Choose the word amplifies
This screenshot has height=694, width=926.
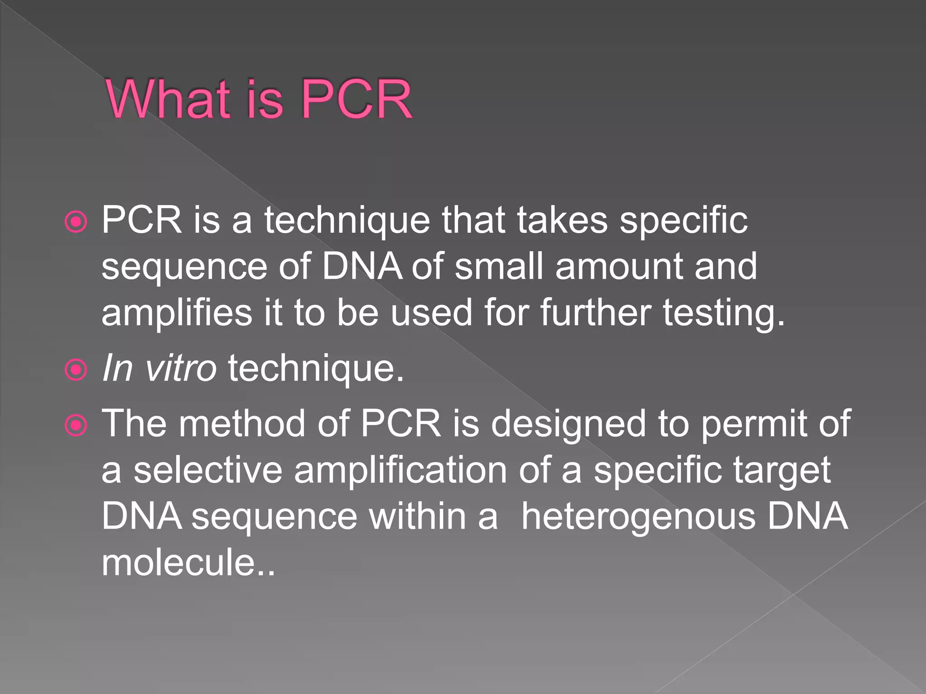177,313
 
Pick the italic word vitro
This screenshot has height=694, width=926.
180,368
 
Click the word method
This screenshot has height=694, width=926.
242,424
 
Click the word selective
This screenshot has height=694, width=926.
208,470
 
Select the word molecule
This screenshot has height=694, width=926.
178,563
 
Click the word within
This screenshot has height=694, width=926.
417,516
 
